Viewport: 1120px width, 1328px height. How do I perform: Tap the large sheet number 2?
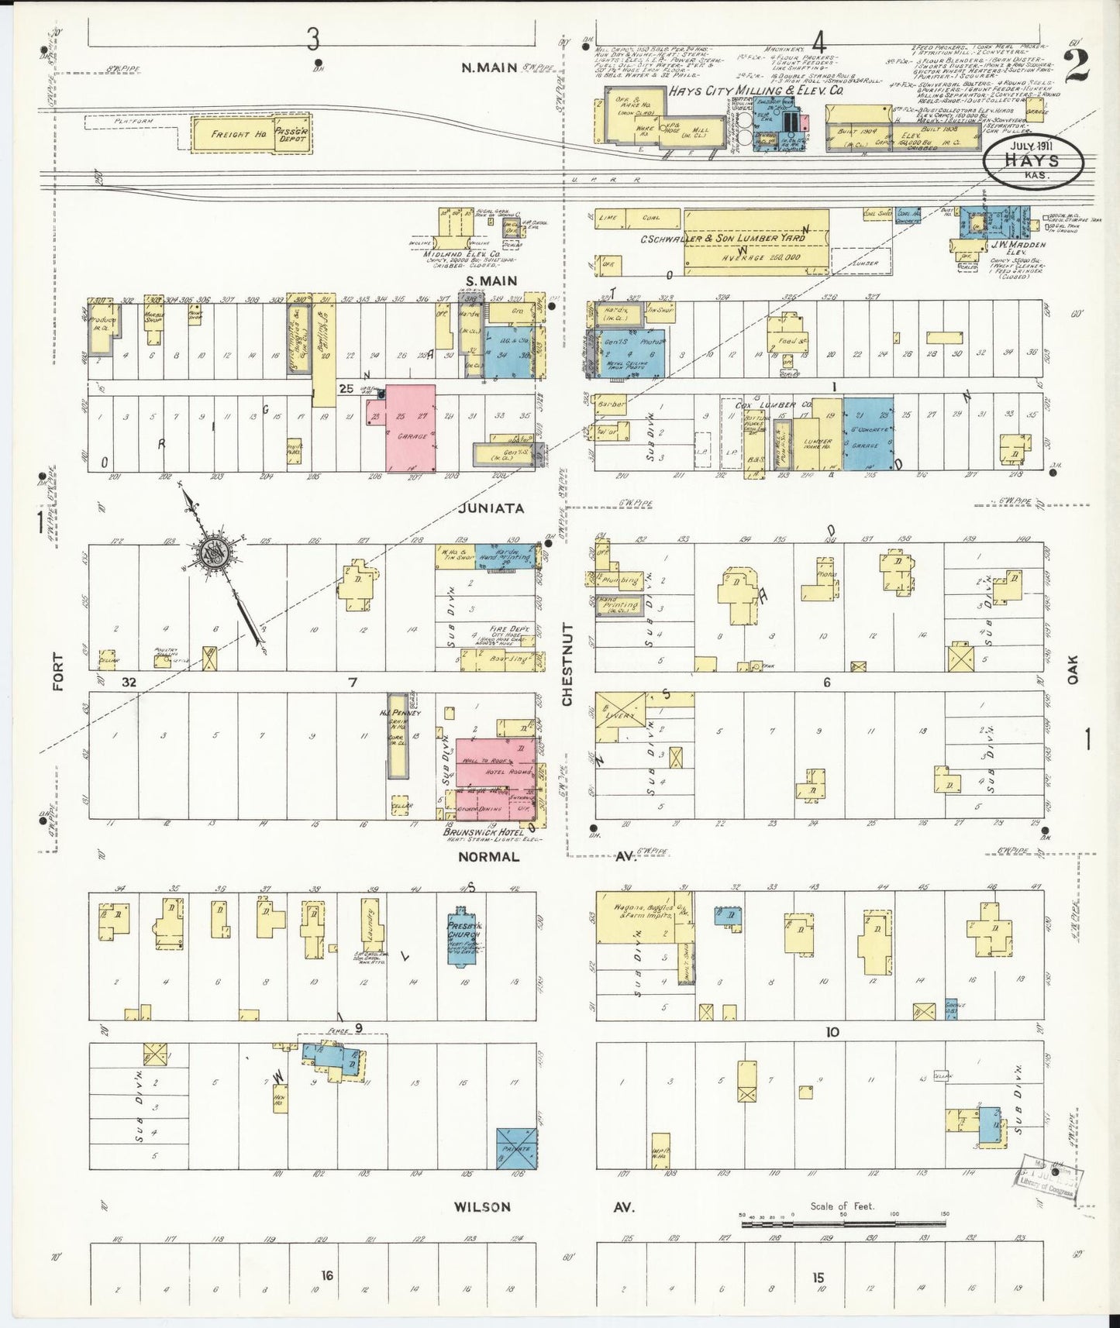1077,65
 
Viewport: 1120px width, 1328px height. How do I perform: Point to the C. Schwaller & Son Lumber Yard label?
722,239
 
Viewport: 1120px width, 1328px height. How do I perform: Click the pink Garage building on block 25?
411,428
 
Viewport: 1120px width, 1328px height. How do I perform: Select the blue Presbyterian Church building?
464,935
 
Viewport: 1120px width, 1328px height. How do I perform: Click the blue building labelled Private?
516,1148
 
